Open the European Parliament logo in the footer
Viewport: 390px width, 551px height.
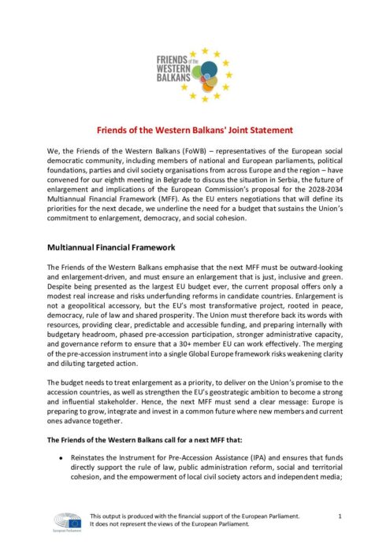click(65, 522)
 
